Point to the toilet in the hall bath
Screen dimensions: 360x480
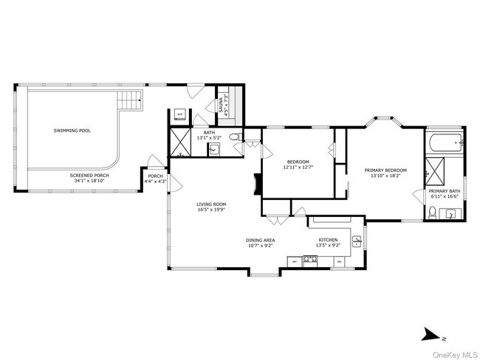pyautogui.click(x=233, y=137)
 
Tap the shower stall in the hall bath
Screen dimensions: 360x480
pyautogui.click(x=181, y=141)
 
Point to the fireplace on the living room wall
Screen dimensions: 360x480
pyautogui.click(x=256, y=183)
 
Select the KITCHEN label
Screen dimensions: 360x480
pyautogui.click(x=328, y=240)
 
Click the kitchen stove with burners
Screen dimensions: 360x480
pyautogui.click(x=309, y=259)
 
